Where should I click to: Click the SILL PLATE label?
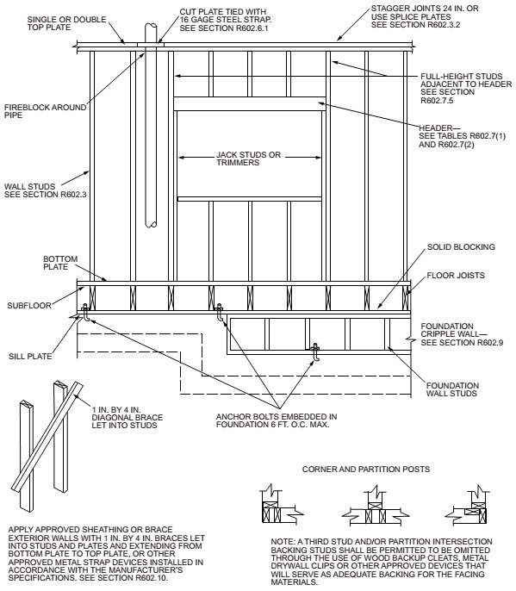(x=30, y=352)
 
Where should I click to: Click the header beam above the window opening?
(x=250, y=103)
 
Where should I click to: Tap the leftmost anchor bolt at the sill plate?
(x=85, y=313)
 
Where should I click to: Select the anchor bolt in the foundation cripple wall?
(x=316, y=351)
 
